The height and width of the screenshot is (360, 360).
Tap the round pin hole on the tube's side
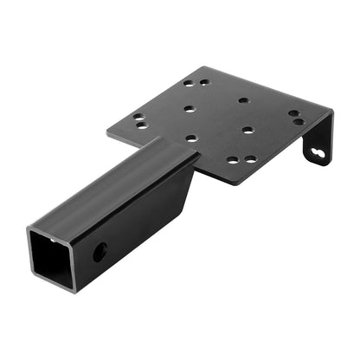click(100, 253)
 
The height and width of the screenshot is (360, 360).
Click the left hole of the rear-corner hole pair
click(189, 84)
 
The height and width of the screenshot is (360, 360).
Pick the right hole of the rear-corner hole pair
click(204, 81)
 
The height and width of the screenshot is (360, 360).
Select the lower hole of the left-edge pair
click(140, 125)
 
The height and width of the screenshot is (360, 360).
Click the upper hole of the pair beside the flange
click(294, 112)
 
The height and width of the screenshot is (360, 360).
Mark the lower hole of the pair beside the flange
click(299, 122)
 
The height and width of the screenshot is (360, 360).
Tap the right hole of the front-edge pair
click(250, 159)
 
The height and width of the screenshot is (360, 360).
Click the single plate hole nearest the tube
click(191, 137)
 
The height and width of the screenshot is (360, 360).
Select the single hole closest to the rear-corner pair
click(190, 109)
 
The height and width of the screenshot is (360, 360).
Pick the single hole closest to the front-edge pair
click(248, 131)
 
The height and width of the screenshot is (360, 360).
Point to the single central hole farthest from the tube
click(244, 100)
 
